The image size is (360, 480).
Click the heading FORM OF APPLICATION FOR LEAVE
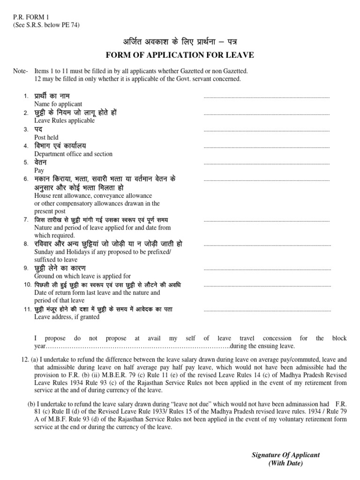click(x=180, y=55)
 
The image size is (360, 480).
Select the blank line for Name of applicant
click(x=267, y=97)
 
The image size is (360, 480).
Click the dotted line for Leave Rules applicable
click(x=267, y=114)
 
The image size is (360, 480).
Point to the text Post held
click(x=46, y=137)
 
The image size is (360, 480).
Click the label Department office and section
click(x=74, y=154)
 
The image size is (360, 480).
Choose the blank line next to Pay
click(x=267, y=164)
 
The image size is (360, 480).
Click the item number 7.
click(x=26, y=220)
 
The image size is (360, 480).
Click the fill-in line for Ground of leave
click(x=267, y=270)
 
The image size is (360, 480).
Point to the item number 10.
click(x=27, y=285)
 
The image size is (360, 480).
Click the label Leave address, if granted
click(x=67, y=317)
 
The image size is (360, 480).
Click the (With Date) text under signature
click(x=285, y=463)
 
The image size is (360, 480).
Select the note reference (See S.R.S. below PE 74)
click(x=46, y=25)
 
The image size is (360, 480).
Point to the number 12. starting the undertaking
click(x=25, y=359)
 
